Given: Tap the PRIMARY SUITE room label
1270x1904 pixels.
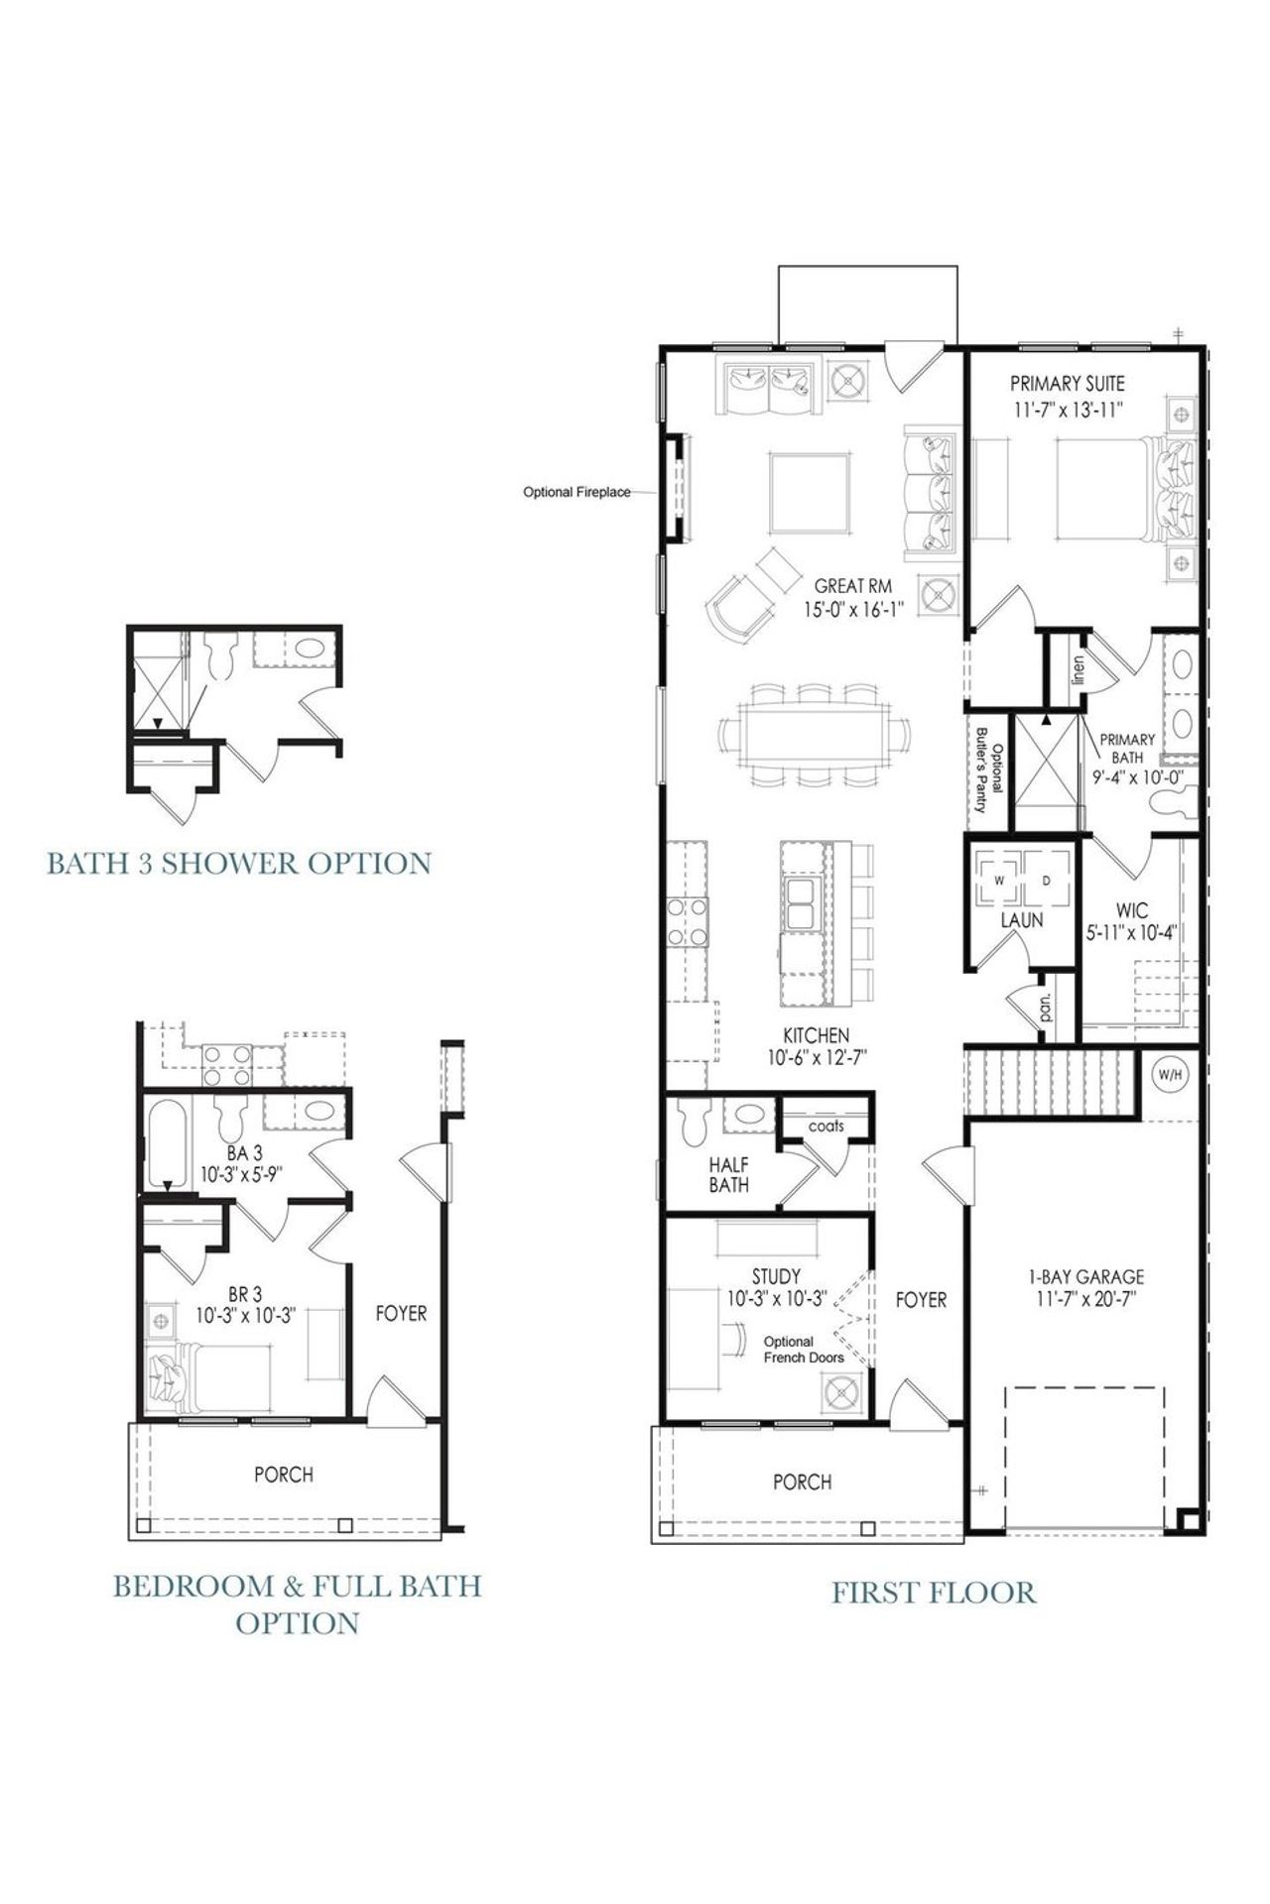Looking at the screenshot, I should [1067, 383].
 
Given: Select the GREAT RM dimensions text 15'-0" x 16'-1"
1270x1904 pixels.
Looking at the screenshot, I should [853, 610].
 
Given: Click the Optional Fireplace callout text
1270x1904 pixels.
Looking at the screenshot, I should [576, 492].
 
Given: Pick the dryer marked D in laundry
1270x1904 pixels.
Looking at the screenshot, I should [1047, 878].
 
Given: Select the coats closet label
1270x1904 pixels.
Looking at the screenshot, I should [825, 1126].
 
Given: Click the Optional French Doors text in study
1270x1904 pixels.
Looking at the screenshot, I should [804, 1350].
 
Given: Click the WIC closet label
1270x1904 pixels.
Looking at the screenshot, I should [1131, 910].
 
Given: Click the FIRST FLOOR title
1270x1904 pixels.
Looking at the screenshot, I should [933, 1593].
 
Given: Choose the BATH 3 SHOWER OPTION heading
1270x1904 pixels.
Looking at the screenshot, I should [239, 863].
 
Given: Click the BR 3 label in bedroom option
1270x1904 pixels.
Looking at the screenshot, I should [244, 1293].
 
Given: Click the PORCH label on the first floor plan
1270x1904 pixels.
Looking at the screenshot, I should [802, 1482].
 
